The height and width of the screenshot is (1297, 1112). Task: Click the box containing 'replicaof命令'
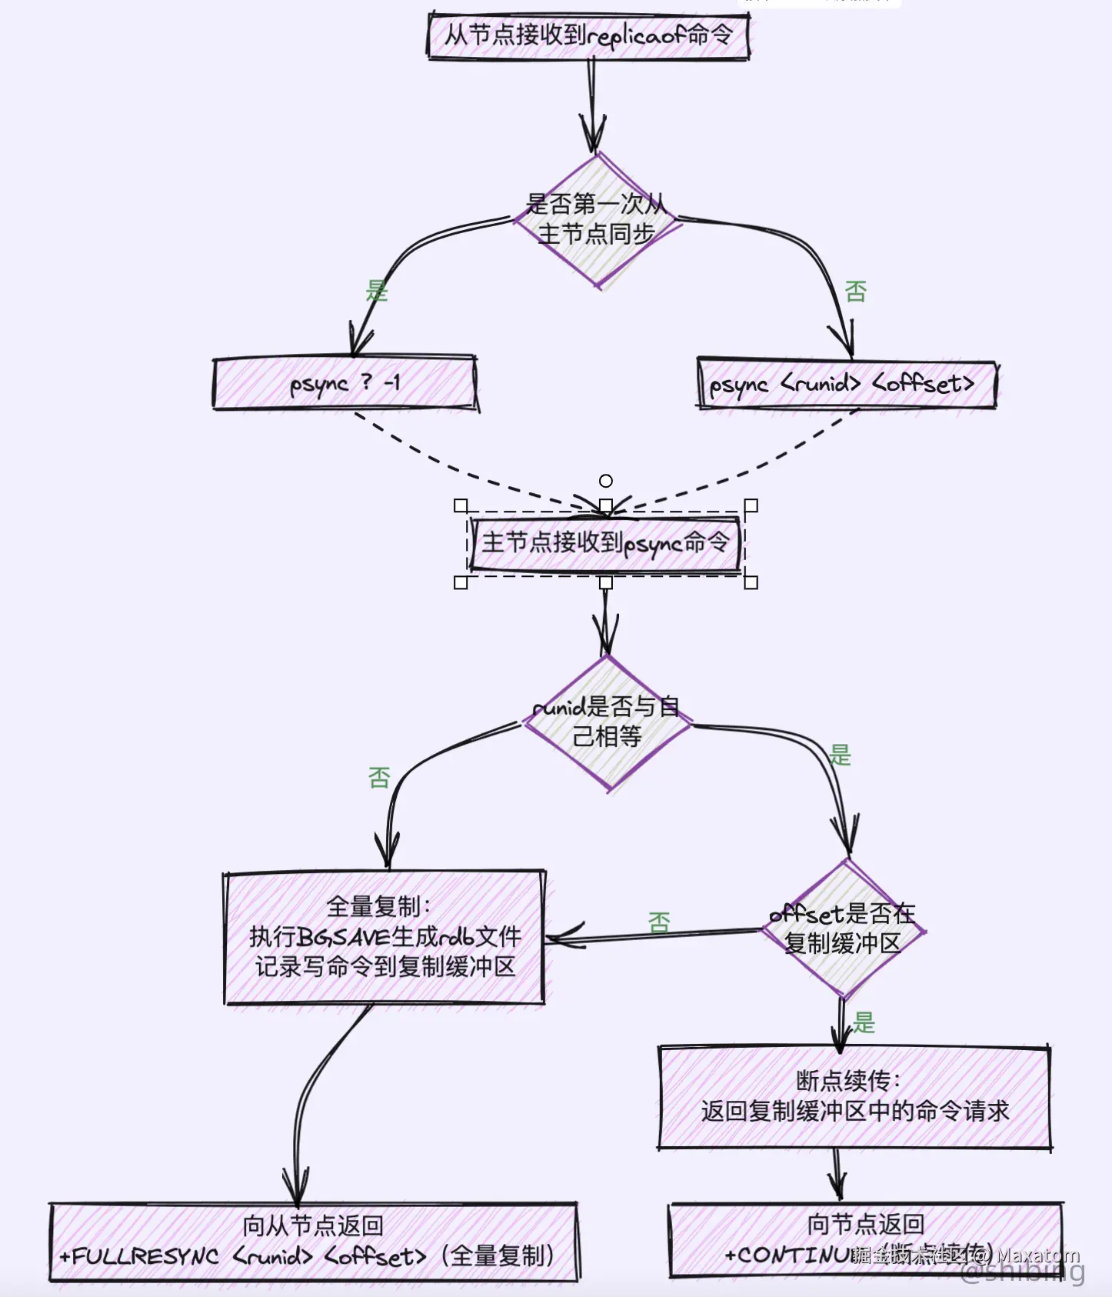[x=588, y=35]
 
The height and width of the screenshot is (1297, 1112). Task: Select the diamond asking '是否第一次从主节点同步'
[x=596, y=220]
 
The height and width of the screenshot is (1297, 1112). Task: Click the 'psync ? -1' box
[x=345, y=382]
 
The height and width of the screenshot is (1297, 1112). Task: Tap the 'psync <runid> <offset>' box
[x=846, y=383]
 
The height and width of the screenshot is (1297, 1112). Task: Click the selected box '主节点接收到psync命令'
[x=605, y=544]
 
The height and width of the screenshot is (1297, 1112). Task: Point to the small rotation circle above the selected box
[x=606, y=481]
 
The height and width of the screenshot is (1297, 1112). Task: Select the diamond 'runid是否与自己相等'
[x=607, y=722]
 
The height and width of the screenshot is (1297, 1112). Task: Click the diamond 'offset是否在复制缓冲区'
[x=843, y=929]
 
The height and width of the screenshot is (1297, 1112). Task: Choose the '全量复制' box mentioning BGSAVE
[x=385, y=937]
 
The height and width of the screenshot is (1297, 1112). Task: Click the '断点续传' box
[x=854, y=1097]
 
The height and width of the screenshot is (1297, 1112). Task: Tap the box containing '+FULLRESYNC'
[x=314, y=1242]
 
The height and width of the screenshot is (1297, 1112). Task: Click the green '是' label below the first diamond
[x=377, y=292]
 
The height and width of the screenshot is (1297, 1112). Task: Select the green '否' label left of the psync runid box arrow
[x=856, y=292]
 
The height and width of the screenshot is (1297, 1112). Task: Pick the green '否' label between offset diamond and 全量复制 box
[x=659, y=922]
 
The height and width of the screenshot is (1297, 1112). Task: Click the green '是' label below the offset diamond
[x=864, y=1022]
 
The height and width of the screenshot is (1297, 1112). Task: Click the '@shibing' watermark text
[x=1023, y=1273]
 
